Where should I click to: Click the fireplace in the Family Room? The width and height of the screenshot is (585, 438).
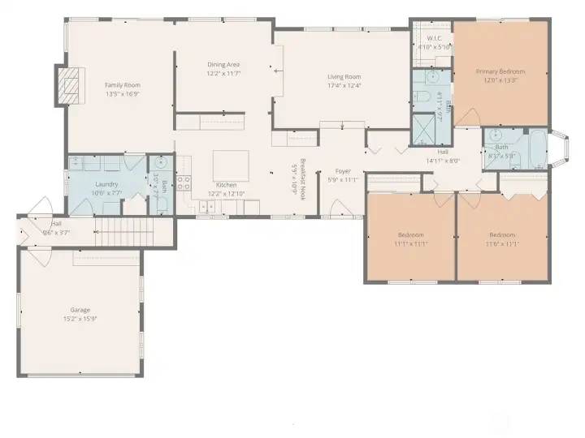(70, 82)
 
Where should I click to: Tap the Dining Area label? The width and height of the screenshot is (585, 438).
(223, 65)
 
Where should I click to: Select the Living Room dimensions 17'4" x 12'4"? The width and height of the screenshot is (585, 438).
(344, 85)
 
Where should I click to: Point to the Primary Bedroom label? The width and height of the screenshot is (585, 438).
(500, 71)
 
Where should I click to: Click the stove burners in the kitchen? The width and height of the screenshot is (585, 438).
(184, 182)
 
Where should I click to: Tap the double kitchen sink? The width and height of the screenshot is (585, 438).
(206, 207)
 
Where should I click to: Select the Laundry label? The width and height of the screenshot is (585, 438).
(106, 184)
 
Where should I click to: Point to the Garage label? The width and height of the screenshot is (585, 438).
(80, 309)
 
